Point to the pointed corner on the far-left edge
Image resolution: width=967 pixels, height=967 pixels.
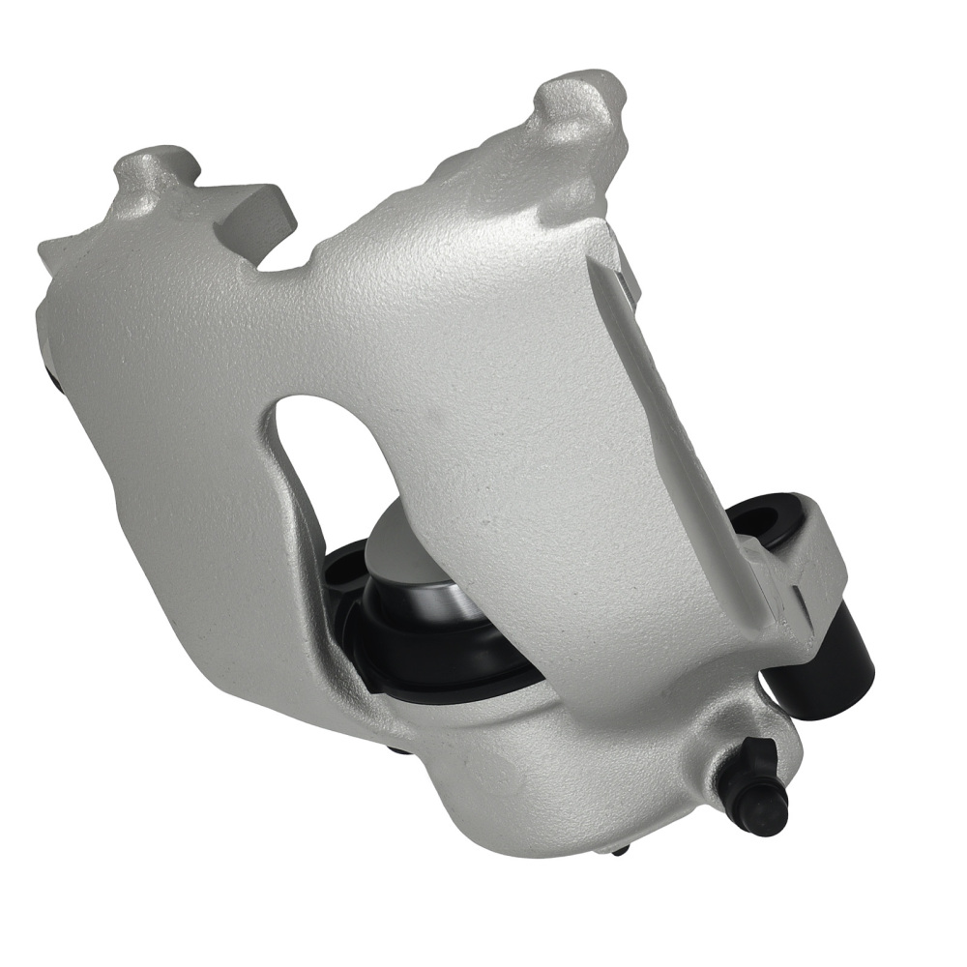[x=44, y=248]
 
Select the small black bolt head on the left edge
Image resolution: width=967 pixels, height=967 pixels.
[x=54, y=377]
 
